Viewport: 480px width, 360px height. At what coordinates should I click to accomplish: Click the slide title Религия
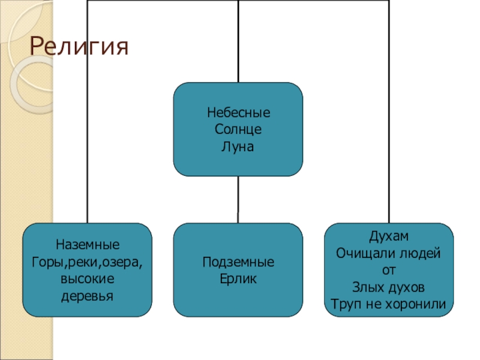[x=79, y=47]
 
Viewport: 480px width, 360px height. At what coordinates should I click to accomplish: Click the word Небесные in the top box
[x=239, y=112]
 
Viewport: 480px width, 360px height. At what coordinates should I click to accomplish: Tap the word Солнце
[x=239, y=129]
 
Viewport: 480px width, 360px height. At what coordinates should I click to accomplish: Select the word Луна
[x=239, y=146]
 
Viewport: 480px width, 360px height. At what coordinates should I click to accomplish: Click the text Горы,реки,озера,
[x=88, y=262]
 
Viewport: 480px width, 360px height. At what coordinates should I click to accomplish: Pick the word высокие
[x=88, y=279]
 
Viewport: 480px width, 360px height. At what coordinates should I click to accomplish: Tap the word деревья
[x=88, y=296]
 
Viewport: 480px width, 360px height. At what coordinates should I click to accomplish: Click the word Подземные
[x=239, y=262]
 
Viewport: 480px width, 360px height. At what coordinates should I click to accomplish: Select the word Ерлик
[x=239, y=279]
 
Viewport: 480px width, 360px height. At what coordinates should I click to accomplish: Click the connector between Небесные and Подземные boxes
[x=238, y=199]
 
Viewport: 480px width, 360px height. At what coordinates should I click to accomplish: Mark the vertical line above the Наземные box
[x=88, y=120]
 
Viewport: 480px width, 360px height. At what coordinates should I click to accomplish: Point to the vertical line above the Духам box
[x=389, y=120]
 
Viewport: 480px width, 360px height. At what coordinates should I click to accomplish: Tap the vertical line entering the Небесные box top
[x=238, y=42]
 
